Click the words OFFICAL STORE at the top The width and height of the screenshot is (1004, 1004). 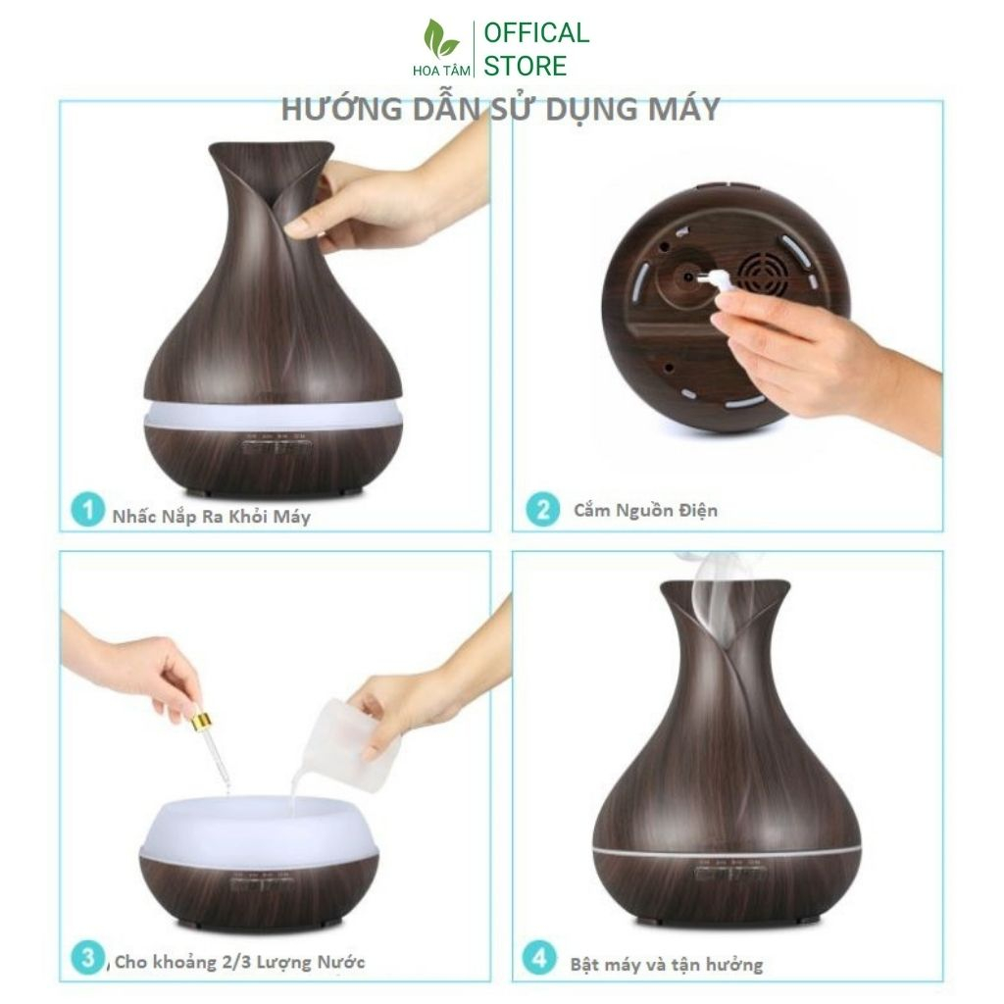(x=536, y=49)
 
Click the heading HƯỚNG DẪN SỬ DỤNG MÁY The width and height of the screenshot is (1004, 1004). (x=500, y=110)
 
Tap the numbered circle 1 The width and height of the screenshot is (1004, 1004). (x=87, y=511)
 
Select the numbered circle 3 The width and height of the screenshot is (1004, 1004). (x=87, y=958)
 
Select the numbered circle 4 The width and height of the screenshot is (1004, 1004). (x=539, y=958)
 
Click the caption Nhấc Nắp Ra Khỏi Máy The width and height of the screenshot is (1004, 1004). (x=211, y=516)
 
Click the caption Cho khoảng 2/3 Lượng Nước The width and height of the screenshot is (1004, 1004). (x=239, y=963)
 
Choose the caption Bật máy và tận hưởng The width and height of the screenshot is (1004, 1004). (x=666, y=964)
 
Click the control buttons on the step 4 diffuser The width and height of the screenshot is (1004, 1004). (x=727, y=872)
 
